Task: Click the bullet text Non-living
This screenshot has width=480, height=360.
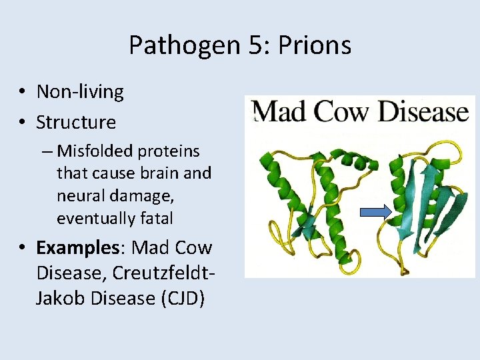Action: click(x=80, y=91)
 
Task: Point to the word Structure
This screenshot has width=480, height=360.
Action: click(x=76, y=122)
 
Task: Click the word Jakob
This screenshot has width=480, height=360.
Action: click(x=62, y=298)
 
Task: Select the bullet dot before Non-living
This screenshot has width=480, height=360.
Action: click(x=23, y=92)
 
